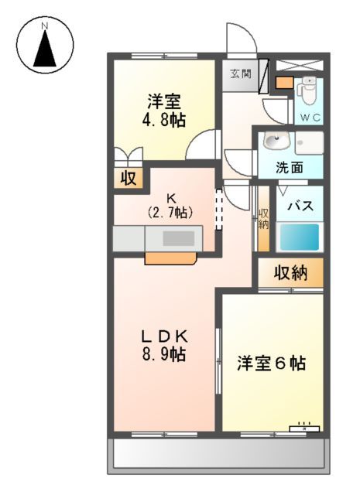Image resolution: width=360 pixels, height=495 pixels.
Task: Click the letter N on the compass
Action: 45,26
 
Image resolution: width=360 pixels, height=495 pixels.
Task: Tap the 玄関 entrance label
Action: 241,74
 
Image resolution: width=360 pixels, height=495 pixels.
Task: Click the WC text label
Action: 311,118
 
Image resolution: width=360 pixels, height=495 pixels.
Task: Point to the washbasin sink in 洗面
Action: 275,141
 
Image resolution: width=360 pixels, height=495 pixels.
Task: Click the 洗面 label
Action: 290,167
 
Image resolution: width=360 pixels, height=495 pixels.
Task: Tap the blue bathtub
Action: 299,236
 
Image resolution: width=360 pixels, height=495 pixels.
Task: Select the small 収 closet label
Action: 128,179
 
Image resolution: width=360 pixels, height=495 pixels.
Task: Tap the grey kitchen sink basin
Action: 179,239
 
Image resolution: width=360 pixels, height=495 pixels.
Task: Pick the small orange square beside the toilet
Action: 284,83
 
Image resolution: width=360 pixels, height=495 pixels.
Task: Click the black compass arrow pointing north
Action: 45,51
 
